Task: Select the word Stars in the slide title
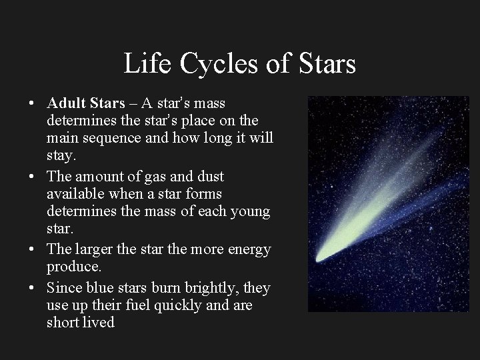tap(321, 65)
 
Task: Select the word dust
tap(206, 177)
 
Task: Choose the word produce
tap(73, 267)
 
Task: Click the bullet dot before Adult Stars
tap(32, 105)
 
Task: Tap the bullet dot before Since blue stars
tap(32, 288)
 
